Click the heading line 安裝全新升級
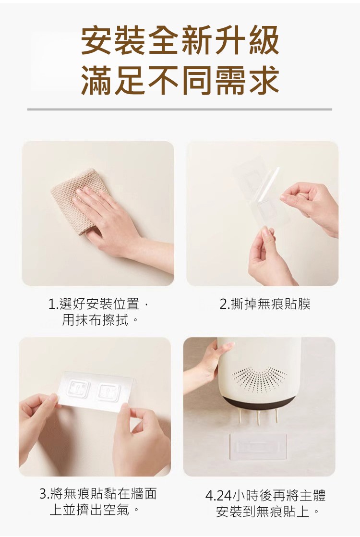pos(180,41)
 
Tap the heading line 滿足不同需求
pos(180,80)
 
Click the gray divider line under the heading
pos(180,109)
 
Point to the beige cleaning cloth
pos(79,200)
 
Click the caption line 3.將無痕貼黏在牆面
pos(98,493)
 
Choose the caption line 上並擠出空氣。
pos(95,510)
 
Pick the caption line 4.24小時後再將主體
pos(265,495)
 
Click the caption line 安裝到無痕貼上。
pos(268,512)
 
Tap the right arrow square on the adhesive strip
pos(108,391)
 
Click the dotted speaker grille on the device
pos(260,379)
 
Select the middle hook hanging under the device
pos(258,416)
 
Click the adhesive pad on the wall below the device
pos(258,446)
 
